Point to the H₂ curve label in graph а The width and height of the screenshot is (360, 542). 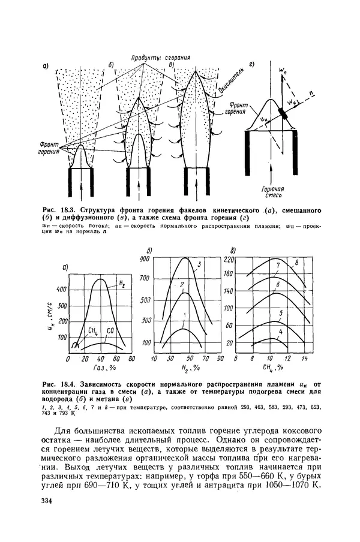121,283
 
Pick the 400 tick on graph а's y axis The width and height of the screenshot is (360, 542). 62,289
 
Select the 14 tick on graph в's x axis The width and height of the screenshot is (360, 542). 304,359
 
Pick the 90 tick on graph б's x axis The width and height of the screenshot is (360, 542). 220,359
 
